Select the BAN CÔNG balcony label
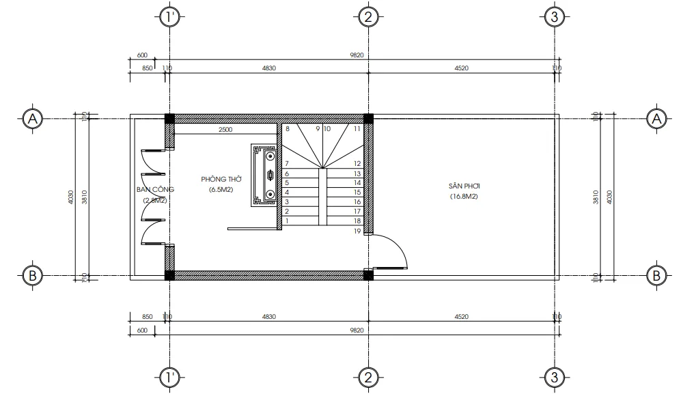pos(155,188)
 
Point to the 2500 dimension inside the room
pos(225,129)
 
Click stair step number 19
pos(357,231)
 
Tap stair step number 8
pos(288,128)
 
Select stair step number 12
pos(357,164)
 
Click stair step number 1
pos(288,221)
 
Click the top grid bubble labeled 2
pos(367,17)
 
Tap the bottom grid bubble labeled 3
pos(555,376)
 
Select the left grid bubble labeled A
pos(31,119)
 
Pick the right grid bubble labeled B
pos(656,275)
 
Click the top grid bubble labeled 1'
pos(169,17)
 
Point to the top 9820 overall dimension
pos(356,55)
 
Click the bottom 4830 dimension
pos(268,317)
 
